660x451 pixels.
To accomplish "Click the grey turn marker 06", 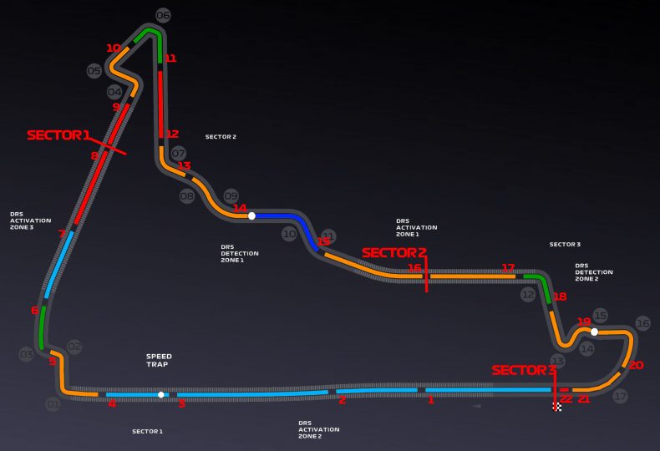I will click(163, 15).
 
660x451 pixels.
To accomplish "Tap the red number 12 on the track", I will click(172, 134).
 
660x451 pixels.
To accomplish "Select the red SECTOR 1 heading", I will click(58, 134).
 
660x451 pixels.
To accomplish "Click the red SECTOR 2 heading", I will click(394, 252).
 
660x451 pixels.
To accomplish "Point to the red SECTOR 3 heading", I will click(524, 370).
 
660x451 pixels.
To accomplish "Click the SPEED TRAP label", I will click(159, 361).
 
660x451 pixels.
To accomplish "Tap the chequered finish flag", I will click(556, 407).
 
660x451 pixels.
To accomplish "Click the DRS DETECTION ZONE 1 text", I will click(240, 253).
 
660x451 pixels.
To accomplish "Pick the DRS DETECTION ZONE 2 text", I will click(594, 271).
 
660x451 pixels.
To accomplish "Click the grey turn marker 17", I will click(620, 397).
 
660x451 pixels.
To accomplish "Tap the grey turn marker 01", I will click(53, 404).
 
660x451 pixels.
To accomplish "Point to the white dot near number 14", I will click(251, 215).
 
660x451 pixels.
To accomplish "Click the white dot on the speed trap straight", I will click(161, 394).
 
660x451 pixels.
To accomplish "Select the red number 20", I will click(637, 365).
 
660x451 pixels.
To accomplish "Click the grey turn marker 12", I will click(528, 295).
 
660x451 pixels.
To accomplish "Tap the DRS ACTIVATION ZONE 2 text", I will click(319, 429).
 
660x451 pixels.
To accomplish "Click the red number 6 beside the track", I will click(34, 310).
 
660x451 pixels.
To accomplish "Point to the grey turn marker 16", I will click(642, 323).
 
